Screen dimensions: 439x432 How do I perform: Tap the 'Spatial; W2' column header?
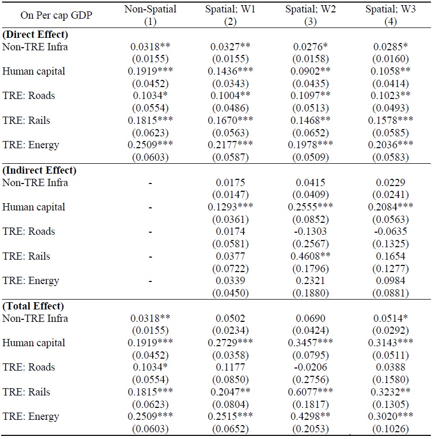[x=310, y=9]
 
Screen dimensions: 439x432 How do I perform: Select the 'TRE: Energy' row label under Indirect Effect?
[x=31, y=281]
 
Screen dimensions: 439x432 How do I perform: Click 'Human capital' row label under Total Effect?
[x=34, y=343]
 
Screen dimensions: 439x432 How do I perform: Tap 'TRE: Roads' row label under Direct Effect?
[x=29, y=96]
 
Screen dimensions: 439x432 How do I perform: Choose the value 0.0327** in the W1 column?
[x=233, y=47]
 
